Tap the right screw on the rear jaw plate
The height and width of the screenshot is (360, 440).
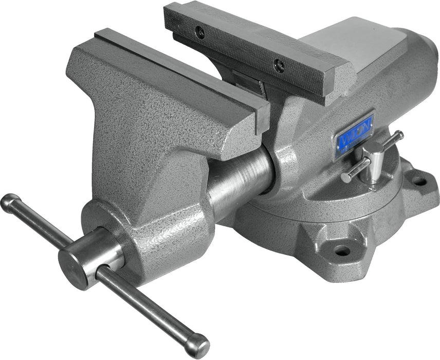point(279,65)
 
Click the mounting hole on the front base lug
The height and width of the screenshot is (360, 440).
point(341,251)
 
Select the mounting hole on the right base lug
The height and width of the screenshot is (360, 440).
point(419,181)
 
